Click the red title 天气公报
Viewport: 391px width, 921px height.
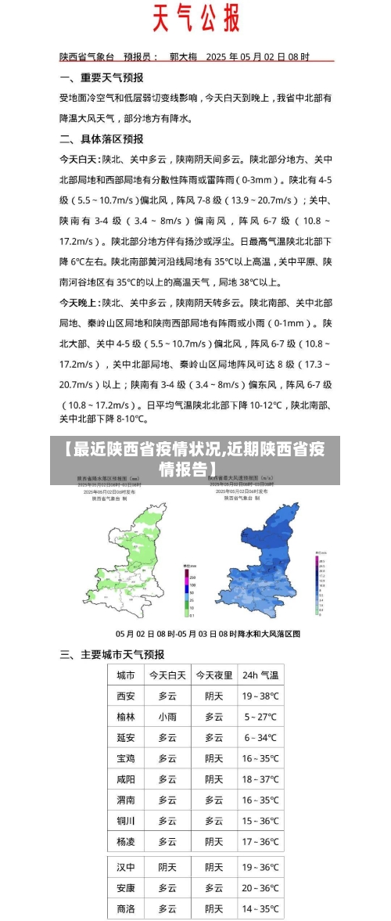(x=195, y=18)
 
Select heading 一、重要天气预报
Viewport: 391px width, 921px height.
(x=102, y=77)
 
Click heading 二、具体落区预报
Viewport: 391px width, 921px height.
(x=102, y=139)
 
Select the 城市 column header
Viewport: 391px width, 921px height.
(x=125, y=675)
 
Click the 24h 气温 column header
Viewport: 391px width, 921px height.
(x=260, y=675)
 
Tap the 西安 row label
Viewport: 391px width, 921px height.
(x=125, y=696)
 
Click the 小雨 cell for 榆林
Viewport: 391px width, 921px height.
(x=167, y=717)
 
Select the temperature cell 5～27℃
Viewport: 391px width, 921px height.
(x=260, y=717)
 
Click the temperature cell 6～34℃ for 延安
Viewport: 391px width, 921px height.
(x=260, y=737)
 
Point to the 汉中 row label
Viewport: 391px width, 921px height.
(x=125, y=867)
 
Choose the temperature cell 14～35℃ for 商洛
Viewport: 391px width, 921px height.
(x=260, y=908)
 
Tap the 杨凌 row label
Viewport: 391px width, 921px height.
(x=125, y=841)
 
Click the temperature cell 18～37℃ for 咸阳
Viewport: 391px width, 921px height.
(x=260, y=779)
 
